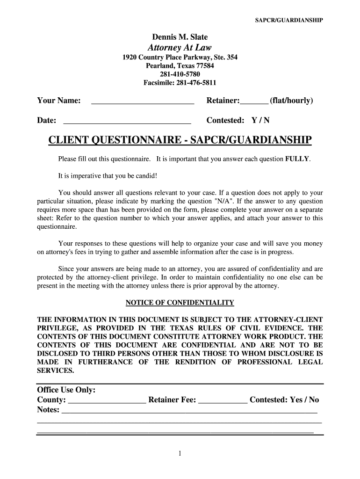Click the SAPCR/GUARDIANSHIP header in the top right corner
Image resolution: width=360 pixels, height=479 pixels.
point(288,20)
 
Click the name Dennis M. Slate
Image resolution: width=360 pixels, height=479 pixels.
point(180,37)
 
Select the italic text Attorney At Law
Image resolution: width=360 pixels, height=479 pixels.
point(180,47)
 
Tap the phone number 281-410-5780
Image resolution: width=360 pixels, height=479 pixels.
point(180,74)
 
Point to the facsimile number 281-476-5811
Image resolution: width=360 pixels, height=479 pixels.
point(180,83)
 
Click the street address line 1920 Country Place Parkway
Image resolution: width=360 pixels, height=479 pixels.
point(180,58)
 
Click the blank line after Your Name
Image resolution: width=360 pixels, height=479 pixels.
point(142,102)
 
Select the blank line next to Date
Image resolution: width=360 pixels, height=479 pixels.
point(127,121)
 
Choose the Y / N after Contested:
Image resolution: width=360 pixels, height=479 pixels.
point(260,120)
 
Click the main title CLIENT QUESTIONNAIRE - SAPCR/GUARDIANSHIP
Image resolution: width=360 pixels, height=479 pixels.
point(180,140)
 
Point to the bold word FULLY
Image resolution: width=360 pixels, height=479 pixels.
point(297,159)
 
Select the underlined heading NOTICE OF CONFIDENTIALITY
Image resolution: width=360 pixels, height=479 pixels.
point(180,303)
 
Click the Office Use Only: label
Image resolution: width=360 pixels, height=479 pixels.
point(66,390)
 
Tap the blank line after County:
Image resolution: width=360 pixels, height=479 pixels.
point(107,401)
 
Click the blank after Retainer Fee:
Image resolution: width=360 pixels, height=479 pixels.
point(223,401)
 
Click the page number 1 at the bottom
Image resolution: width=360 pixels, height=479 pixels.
point(180,453)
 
